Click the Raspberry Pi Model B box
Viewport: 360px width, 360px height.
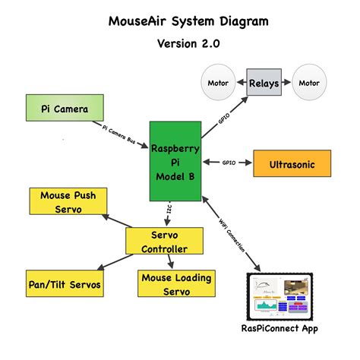click(x=175, y=161)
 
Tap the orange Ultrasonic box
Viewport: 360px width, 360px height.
click(x=292, y=163)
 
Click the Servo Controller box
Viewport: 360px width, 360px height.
click(x=165, y=241)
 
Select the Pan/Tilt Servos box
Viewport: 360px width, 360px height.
click(x=64, y=285)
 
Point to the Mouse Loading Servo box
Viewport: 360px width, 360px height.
click(x=175, y=284)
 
